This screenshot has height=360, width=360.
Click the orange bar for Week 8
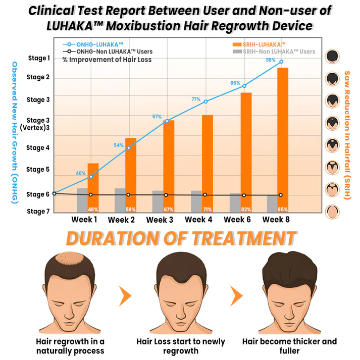pos(282,139)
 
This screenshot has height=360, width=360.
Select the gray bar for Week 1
pos(82,200)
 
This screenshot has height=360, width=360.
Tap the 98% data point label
pos(271,60)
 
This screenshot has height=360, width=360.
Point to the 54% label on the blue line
pos(119,145)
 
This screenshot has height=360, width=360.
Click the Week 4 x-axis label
pos(198,220)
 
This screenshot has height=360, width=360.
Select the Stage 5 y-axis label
pos(38,170)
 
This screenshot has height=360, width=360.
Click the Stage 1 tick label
pos(38,58)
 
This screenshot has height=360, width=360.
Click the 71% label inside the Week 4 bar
pos(207,209)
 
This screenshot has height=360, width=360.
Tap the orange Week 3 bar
pos(169,166)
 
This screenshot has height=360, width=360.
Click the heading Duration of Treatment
pos(181,238)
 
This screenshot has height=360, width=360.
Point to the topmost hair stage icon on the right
pos(332,56)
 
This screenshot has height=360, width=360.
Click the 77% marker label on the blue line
pos(196,99)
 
